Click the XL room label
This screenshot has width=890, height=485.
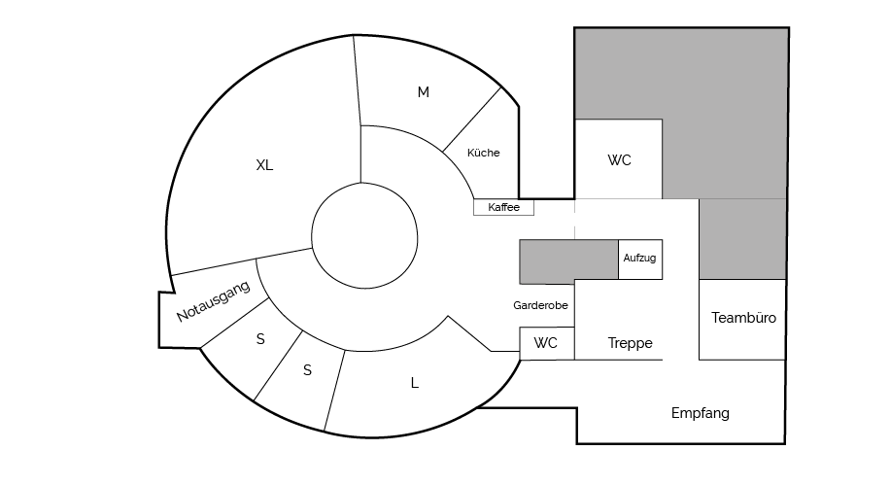click(264, 165)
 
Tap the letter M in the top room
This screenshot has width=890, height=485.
click(423, 92)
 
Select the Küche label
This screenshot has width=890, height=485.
click(484, 153)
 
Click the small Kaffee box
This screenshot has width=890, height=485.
click(503, 207)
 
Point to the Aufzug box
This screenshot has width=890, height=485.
click(640, 259)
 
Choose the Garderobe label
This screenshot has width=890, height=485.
click(540, 305)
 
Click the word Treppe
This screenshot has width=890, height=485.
click(630, 343)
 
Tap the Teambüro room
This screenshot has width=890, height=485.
click(743, 318)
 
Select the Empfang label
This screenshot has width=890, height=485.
click(700, 413)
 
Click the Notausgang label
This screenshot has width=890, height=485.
click(214, 302)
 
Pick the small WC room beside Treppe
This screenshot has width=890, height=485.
click(546, 343)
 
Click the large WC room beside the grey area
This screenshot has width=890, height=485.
click(619, 160)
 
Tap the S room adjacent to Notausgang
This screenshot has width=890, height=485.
click(260, 339)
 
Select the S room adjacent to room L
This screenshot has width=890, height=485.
click(307, 370)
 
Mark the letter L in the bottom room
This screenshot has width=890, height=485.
click(415, 383)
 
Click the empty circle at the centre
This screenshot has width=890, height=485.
click(364, 234)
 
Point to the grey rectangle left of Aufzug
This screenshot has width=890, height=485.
click(569, 260)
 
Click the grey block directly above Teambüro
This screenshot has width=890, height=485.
click(741, 238)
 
